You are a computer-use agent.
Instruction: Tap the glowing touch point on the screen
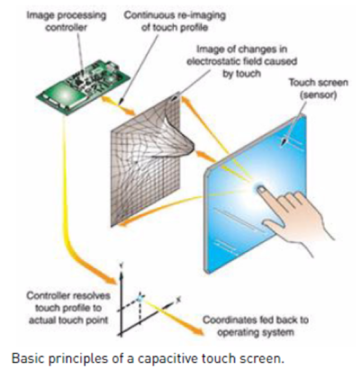(x=260, y=191)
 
